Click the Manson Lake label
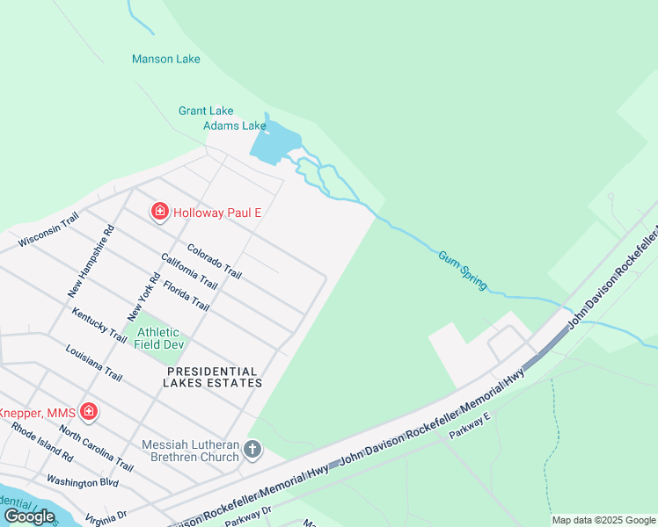pyautogui.click(x=165, y=60)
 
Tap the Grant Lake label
pyautogui.click(x=206, y=111)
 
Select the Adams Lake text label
pyautogui.click(x=234, y=126)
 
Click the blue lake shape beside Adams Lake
pyautogui.click(x=274, y=142)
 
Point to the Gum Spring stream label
pyautogui.click(x=463, y=266)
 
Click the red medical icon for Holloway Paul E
pyautogui.click(x=160, y=212)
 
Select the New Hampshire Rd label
pyautogui.click(x=91, y=262)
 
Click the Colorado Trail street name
pyautogui.click(x=214, y=261)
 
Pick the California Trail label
pyautogui.click(x=188, y=271)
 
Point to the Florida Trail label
pyautogui.click(x=186, y=294)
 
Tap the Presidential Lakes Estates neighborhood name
pyautogui.click(x=214, y=378)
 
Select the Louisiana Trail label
pyautogui.click(x=93, y=362)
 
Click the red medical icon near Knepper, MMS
pyautogui.click(x=88, y=411)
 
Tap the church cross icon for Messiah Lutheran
pyautogui.click(x=252, y=451)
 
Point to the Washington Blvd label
pyautogui.click(x=82, y=481)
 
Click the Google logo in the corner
pyautogui.click(x=29, y=516)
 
